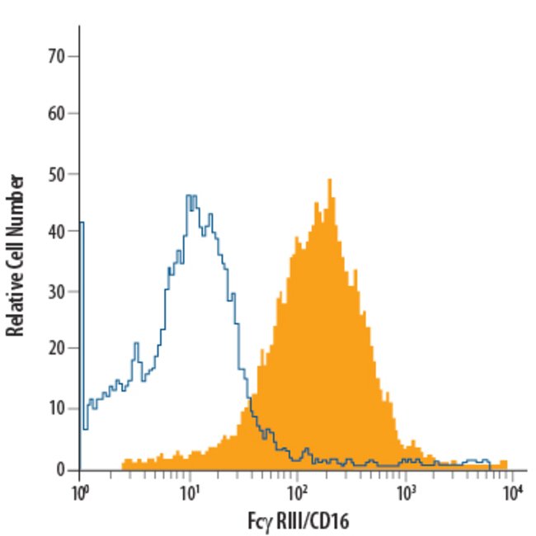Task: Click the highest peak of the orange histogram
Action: [329, 181]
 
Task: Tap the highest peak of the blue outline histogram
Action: [190, 196]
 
